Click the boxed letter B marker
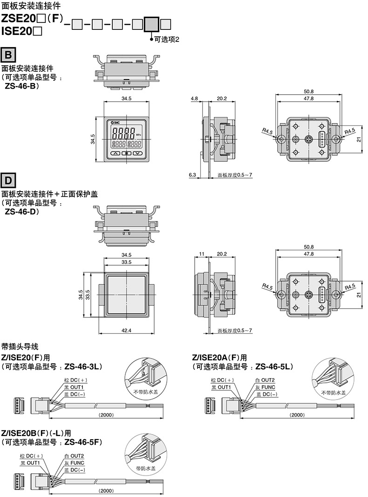pyautogui.click(x=8, y=55)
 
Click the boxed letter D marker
pyautogui.click(x=8, y=181)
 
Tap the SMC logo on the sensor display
pyautogui.click(x=116, y=122)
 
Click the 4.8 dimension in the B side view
pyautogui.click(x=194, y=98)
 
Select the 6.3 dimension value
pyautogui.click(x=192, y=175)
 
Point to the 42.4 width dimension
pyautogui.click(x=126, y=330)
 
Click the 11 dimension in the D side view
pyautogui.click(x=202, y=254)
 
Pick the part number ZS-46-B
pyautogui.click(x=21, y=86)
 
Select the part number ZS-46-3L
pyautogui.click(x=83, y=367)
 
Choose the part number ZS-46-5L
pyautogui.click(x=274, y=367)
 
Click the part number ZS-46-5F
pyautogui.click(x=83, y=442)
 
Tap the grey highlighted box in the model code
pyautogui.click(x=151, y=24)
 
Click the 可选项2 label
pyautogui.click(x=167, y=40)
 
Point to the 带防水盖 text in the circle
pyautogui.click(x=145, y=468)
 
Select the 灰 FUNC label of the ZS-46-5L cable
pyautogui.click(x=266, y=387)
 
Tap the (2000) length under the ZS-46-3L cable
pyautogui.click(x=106, y=414)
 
